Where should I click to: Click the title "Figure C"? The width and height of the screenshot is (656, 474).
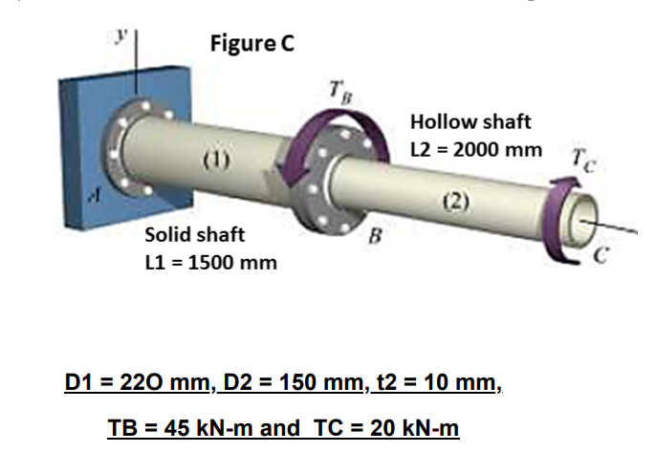click(x=252, y=42)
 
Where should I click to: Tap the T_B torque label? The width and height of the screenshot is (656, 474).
click(x=336, y=93)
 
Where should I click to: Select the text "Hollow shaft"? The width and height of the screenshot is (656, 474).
click(x=470, y=122)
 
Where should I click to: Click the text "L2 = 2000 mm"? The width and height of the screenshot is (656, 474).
click(x=475, y=150)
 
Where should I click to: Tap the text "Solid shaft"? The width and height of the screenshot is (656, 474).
click(x=194, y=234)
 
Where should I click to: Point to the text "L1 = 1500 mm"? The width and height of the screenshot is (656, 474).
click(x=210, y=262)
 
